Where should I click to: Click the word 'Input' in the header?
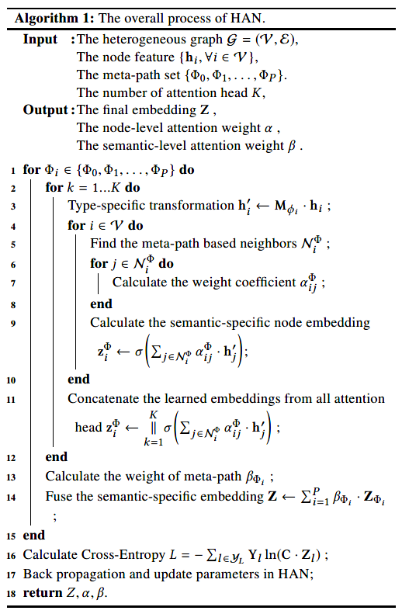point(40,40)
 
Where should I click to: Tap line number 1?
point(13,170)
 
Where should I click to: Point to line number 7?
point(13,283)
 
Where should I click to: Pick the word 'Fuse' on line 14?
point(58,496)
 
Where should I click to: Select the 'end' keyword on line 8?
point(101,304)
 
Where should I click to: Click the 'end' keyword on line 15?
point(34,535)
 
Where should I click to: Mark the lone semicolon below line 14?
point(54,515)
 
